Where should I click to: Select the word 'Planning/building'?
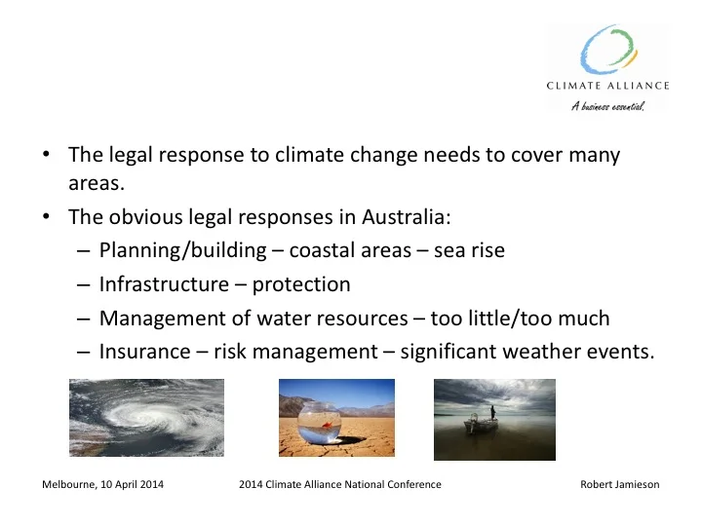coord(181,250)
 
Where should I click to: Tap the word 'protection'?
coord(301,284)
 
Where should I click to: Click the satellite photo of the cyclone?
coord(146,417)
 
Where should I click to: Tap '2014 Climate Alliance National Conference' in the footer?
coord(339,484)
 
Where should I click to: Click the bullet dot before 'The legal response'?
coord(47,156)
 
